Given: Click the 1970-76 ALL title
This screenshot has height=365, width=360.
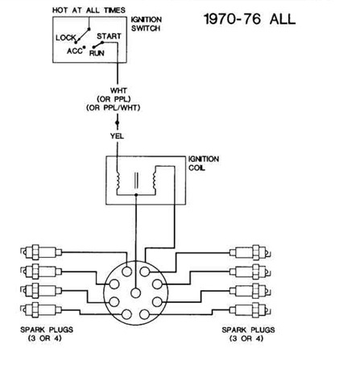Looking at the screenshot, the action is pyautogui.click(x=250, y=19).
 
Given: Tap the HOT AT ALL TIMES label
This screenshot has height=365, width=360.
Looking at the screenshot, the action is pyautogui.click(x=89, y=10).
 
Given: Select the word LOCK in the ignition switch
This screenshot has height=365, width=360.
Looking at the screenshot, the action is pyautogui.click(x=66, y=38).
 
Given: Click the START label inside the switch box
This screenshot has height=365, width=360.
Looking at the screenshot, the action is pyautogui.click(x=109, y=36).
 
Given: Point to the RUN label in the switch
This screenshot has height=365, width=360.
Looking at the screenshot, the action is pyautogui.click(x=97, y=53).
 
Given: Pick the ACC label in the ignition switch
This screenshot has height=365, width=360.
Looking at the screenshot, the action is pyautogui.click(x=75, y=51).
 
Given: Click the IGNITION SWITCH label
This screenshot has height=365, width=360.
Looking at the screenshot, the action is pyautogui.click(x=147, y=23).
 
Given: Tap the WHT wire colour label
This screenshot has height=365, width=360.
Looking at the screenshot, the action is pyautogui.click(x=118, y=90).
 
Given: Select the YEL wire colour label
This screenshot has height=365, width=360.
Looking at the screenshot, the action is pyautogui.click(x=117, y=136).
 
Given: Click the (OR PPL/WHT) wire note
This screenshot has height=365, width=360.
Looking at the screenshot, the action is pyautogui.click(x=114, y=108).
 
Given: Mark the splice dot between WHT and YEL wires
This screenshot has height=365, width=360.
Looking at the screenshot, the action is pyautogui.click(x=117, y=122).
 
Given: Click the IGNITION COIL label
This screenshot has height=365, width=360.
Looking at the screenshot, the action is pyautogui.click(x=204, y=164).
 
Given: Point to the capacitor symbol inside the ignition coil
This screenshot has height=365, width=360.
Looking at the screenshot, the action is pyautogui.click(x=136, y=180).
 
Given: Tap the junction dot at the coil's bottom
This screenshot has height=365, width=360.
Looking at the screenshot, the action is pyautogui.click(x=136, y=194).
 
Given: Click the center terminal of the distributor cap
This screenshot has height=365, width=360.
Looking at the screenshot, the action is pyautogui.click(x=136, y=292).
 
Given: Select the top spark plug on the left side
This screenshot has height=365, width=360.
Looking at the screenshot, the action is pyautogui.click(x=41, y=252).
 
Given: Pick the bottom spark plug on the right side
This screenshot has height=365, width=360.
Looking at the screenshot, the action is pyautogui.click(x=250, y=310).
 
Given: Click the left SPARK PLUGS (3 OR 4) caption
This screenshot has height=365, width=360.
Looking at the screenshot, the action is pyautogui.click(x=47, y=334).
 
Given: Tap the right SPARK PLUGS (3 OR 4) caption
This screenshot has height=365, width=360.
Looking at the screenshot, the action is pyautogui.click(x=248, y=334).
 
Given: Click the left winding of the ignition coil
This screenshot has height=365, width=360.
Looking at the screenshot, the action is pyautogui.click(x=118, y=180).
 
